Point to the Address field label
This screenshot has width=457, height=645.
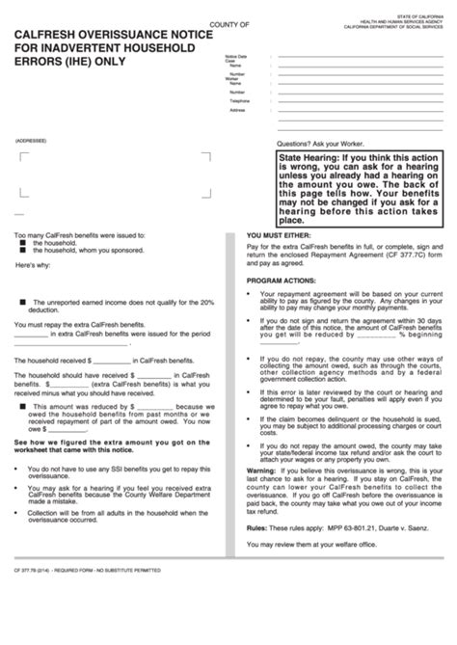point(238,110)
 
